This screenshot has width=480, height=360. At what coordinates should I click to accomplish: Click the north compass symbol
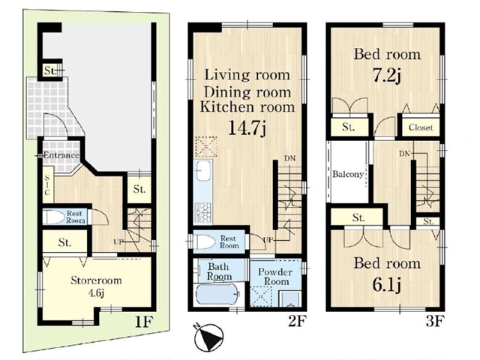click(208, 337)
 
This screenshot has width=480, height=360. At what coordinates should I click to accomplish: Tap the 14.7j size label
click(247, 128)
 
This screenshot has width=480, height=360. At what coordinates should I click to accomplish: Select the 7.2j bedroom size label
click(387, 75)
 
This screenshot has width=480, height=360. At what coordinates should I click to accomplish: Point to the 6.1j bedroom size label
click(387, 285)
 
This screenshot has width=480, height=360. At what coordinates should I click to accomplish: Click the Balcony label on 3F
click(348, 174)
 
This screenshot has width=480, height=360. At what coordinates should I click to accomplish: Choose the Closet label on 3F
click(421, 127)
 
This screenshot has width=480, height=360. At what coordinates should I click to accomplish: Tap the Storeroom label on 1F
click(96, 280)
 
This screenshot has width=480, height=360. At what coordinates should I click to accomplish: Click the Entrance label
click(61, 155)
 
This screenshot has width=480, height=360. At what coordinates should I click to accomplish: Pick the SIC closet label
click(46, 185)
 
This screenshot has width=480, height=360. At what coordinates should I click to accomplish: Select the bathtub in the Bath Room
click(217, 295)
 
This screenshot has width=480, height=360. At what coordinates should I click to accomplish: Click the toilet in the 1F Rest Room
click(53, 217)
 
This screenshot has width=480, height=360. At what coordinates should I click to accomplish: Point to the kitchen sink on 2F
click(203, 170)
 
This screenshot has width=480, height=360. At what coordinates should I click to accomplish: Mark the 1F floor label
click(143, 322)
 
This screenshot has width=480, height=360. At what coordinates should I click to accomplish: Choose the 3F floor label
click(435, 321)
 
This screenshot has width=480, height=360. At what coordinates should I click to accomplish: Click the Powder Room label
click(275, 277)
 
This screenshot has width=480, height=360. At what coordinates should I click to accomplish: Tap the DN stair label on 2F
click(290, 158)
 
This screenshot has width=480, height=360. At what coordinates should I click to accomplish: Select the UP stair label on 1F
click(118, 241)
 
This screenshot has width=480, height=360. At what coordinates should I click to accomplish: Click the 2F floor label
click(297, 321)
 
